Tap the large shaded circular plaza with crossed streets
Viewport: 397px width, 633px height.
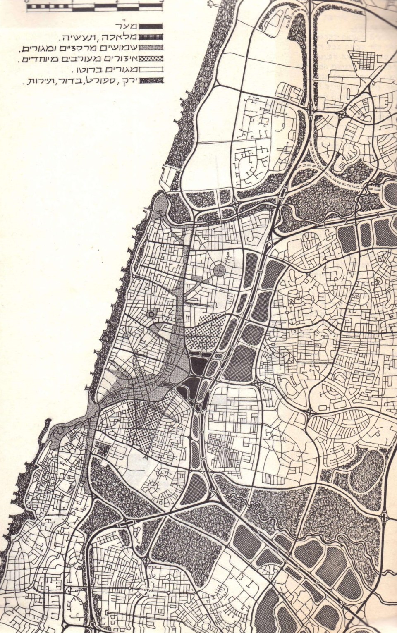pos(219,271)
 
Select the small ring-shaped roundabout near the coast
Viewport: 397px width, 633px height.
pos(151,315)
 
